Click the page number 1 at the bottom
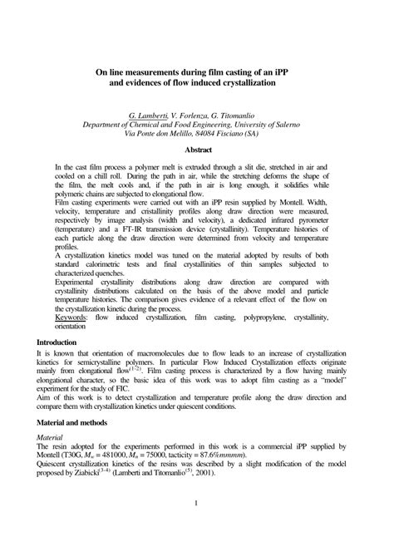[196, 504]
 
